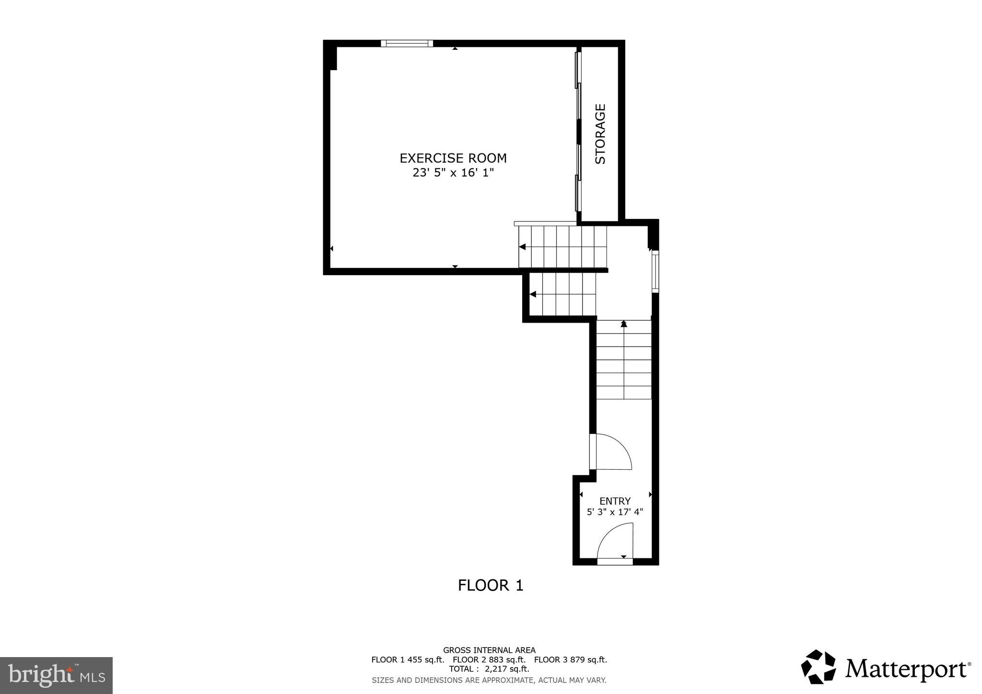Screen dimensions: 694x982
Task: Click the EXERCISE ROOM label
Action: pyautogui.click(x=453, y=158)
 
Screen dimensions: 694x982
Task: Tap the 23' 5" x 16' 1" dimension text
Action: pyautogui.click(x=453, y=173)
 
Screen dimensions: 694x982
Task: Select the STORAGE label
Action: pyautogui.click(x=600, y=134)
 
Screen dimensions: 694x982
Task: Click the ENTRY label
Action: pyautogui.click(x=615, y=501)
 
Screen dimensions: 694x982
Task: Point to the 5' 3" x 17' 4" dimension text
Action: pyautogui.click(x=615, y=512)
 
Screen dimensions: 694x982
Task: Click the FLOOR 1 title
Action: pyautogui.click(x=491, y=585)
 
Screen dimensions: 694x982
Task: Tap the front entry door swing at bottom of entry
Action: pyautogui.click(x=616, y=542)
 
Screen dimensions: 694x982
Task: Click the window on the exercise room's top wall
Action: pyautogui.click(x=407, y=44)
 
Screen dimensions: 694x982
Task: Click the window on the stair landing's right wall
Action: pyautogui.click(x=655, y=271)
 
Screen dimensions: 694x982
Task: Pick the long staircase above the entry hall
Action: pyautogui.click(x=623, y=359)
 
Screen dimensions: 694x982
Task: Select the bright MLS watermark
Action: pyautogui.click(x=56, y=675)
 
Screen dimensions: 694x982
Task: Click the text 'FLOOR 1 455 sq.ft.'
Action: pyautogui.click(x=408, y=659)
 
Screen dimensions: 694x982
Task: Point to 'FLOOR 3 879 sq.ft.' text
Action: pyautogui.click(x=571, y=659)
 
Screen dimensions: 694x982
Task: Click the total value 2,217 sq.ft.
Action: pyautogui.click(x=507, y=669)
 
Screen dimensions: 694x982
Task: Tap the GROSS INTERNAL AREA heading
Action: pyautogui.click(x=489, y=650)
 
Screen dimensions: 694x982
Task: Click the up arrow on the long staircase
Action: pyautogui.click(x=623, y=324)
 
